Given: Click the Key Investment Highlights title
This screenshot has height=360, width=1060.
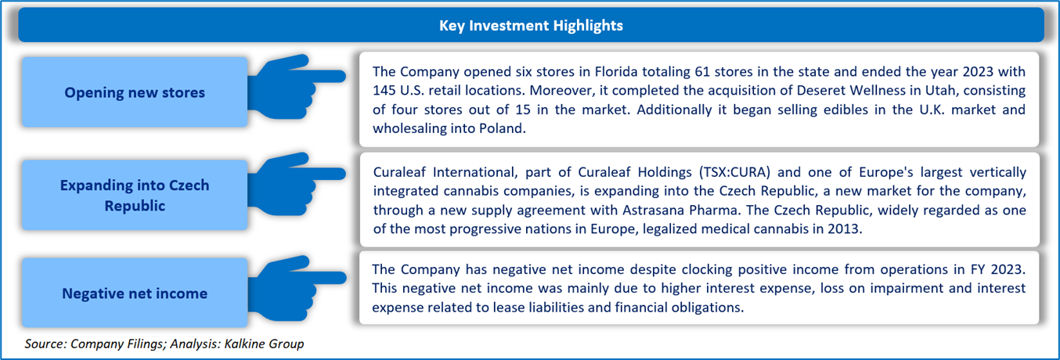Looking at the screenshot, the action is pos(531,26).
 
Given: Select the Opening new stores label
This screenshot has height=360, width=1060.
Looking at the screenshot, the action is pos(135,92).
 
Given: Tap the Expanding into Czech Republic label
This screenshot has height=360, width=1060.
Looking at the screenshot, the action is pos(135,196).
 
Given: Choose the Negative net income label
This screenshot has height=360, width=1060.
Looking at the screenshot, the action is pos(135,293).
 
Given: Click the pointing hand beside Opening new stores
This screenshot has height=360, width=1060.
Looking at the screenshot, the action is pos(296,86).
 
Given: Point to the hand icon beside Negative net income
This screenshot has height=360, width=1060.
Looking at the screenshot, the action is pos(296,287).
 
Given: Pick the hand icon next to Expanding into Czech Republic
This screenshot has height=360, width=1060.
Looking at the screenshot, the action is pos(296,184).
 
